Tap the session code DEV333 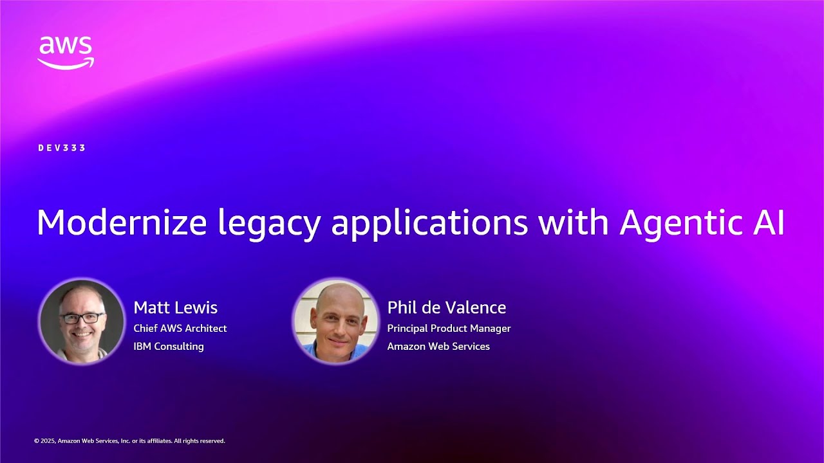coord(62,148)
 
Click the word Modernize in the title coord(122,223)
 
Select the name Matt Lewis coord(175,307)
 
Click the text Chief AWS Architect coord(180,328)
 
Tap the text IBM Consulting coord(168,346)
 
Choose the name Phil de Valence coord(446,307)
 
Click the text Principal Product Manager coord(449,328)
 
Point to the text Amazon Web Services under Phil coord(438,346)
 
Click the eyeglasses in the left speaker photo coord(82,318)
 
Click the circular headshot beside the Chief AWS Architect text coord(82,321)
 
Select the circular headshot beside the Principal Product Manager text coord(335,321)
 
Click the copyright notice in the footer coord(129,441)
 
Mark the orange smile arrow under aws coord(66,63)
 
